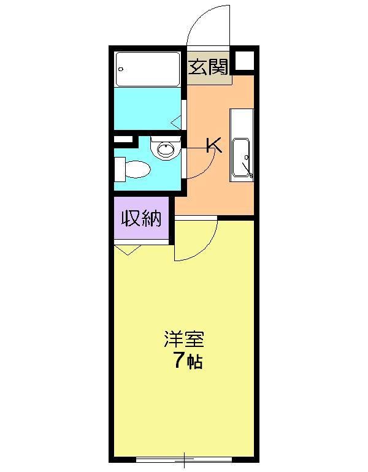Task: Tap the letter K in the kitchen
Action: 213,145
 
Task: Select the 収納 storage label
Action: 142,218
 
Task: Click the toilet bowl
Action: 139,169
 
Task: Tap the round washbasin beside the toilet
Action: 165,148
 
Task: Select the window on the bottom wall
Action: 184,459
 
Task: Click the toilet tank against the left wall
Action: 120,169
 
